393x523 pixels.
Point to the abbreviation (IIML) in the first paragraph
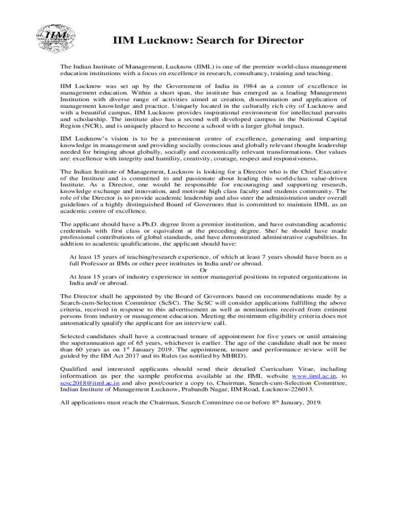pos(204,67)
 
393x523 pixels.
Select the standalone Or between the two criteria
pos(203,270)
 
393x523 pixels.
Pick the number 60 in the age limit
pos(80,349)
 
